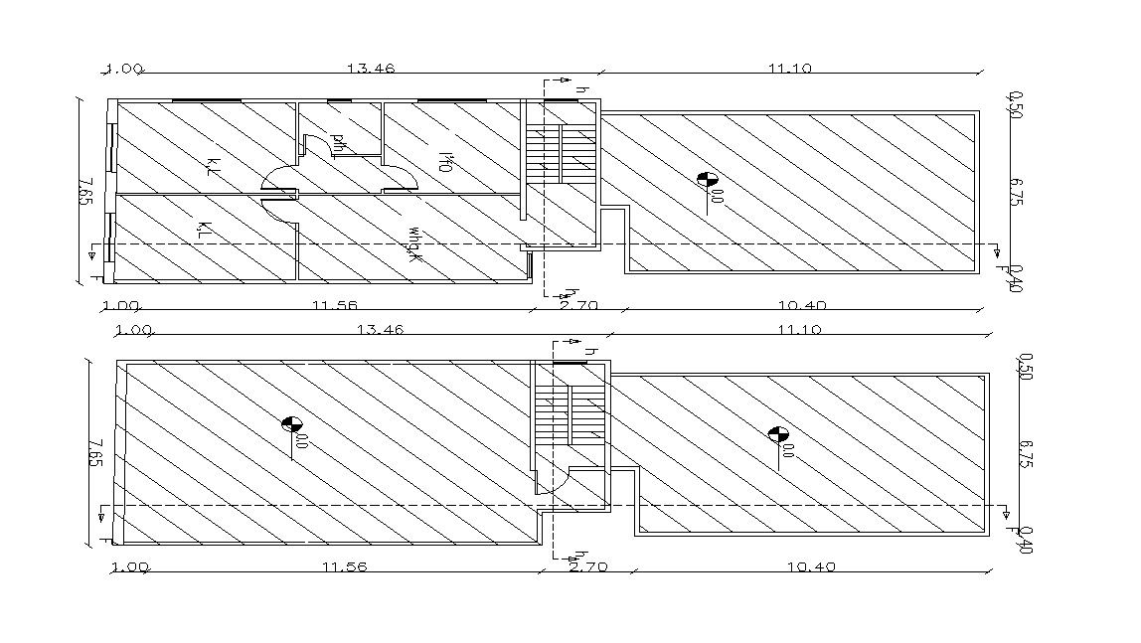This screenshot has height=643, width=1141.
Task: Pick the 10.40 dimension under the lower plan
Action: click(x=811, y=567)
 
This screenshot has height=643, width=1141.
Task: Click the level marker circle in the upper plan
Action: click(x=708, y=180)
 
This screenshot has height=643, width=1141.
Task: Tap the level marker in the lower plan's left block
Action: click(x=291, y=424)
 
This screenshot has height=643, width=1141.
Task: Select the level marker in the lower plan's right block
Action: click(x=778, y=434)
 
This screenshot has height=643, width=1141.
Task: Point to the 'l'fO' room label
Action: click(x=445, y=162)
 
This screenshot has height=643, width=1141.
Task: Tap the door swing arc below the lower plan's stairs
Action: click(x=553, y=483)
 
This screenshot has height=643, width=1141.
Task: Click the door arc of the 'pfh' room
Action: click(x=316, y=145)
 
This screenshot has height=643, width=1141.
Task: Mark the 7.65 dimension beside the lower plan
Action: click(x=96, y=453)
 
